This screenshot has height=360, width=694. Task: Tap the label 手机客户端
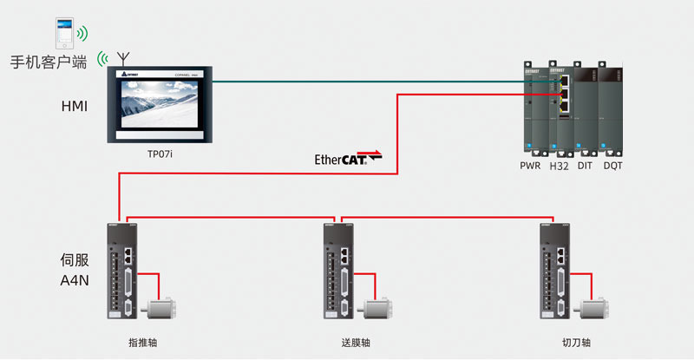(x=49, y=62)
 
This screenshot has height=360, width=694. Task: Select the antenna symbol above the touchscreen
(x=123, y=58)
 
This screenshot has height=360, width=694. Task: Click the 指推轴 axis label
(x=142, y=344)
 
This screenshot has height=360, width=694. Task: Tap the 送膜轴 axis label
(x=356, y=344)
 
